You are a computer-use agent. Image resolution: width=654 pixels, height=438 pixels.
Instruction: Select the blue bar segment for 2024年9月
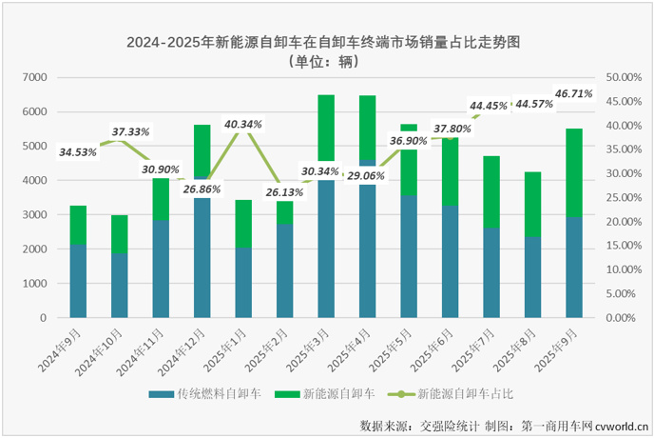click(78, 282)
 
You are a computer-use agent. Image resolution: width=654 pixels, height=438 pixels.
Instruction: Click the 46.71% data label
click(573, 94)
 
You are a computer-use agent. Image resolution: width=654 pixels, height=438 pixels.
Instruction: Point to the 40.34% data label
click(243, 124)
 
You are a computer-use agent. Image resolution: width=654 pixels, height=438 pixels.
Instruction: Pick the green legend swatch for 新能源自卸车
click(284, 391)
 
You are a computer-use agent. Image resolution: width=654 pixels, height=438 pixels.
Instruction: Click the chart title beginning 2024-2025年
click(327, 42)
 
